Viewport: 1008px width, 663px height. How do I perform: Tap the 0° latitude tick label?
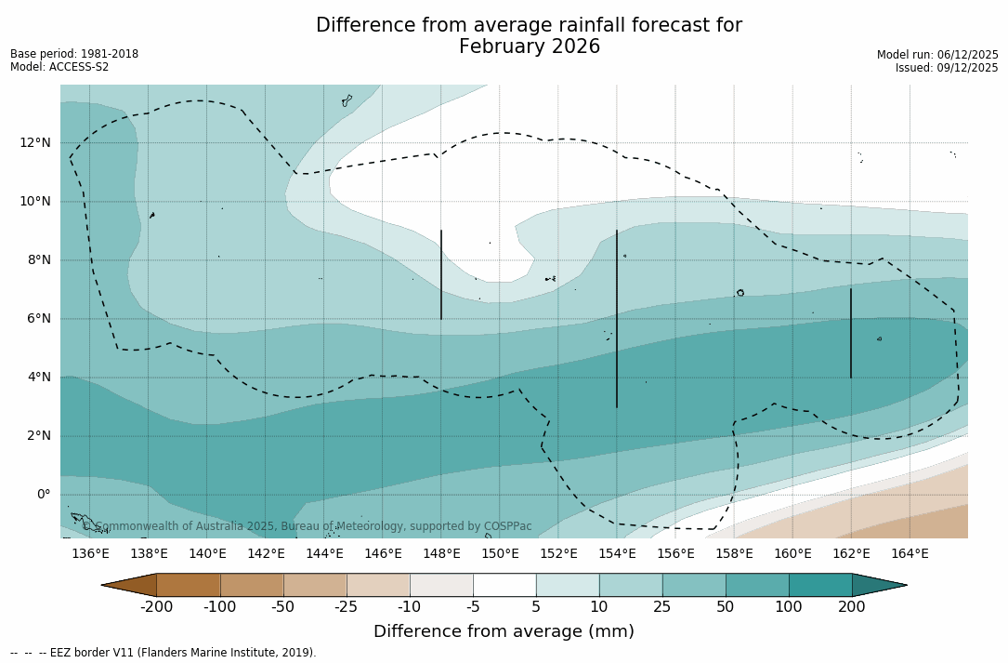(x=44, y=495)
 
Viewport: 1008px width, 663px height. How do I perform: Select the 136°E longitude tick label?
(x=90, y=554)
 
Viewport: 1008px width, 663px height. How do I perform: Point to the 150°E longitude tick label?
(x=500, y=554)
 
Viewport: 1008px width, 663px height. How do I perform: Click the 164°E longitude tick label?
(x=910, y=554)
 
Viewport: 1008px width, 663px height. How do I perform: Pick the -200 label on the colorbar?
(x=156, y=607)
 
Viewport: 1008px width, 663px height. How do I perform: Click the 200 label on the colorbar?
(x=851, y=607)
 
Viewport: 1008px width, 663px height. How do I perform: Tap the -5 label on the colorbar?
(x=473, y=607)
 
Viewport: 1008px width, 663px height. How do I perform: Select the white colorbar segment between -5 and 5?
(x=504, y=585)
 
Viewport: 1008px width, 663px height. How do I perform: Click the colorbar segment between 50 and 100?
(x=757, y=585)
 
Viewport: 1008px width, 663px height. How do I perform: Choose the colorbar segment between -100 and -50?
(x=252, y=585)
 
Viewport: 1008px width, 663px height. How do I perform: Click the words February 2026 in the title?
(x=530, y=47)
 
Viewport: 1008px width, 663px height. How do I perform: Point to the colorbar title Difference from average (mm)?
(x=504, y=632)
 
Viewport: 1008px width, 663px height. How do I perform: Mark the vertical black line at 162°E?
(x=850, y=333)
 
